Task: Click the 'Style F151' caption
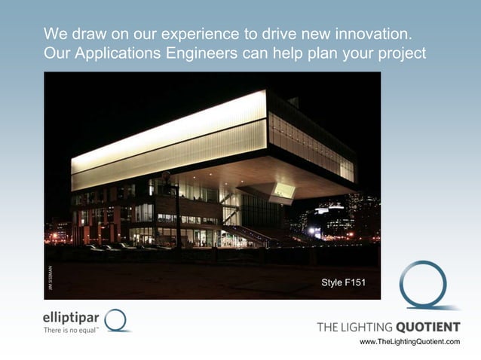tap(344, 282)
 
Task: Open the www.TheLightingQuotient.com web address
tap(409, 342)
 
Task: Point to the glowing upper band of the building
tap(170, 139)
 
